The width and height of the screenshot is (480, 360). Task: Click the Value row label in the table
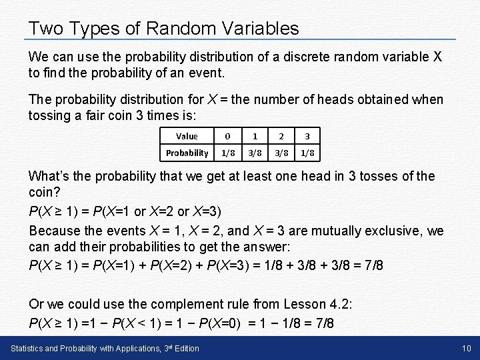point(187,136)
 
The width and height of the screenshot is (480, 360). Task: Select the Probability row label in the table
point(187,153)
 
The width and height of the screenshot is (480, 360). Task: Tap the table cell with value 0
point(228,136)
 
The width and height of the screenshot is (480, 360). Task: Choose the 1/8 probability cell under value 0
point(228,153)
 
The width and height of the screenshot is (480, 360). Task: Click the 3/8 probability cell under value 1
point(255,153)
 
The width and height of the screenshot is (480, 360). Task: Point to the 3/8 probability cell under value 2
point(281,153)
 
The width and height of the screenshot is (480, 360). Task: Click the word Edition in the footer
point(185,349)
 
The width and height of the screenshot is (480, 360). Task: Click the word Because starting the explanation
point(55,231)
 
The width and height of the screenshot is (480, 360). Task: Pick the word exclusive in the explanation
point(399,231)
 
